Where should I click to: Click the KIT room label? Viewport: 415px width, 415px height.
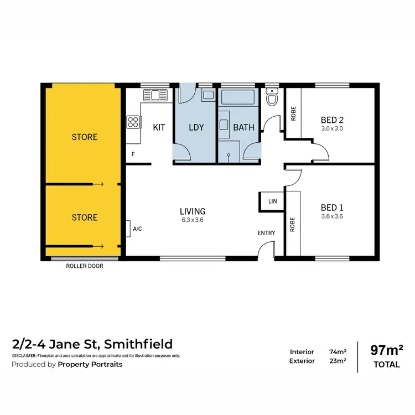click(x=159, y=127)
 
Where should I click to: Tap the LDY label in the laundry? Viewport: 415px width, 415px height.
click(x=196, y=127)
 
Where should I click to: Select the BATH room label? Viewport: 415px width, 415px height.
click(x=243, y=127)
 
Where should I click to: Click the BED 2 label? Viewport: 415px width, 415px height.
click(x=332, y=119)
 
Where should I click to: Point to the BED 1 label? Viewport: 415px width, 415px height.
click(x=332, y=207)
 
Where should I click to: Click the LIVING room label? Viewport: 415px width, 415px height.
click(x=193, y=211)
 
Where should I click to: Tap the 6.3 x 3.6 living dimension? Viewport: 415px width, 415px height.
click(x=193, y=220)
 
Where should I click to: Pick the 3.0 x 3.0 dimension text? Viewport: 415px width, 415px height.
click(x=332, y=128)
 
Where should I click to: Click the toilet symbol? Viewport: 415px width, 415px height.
click(x=272, y=98)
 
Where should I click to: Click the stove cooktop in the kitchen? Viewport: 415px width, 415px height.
click(x=133, y=121)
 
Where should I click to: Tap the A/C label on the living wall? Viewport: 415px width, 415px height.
click(x=137, y=228)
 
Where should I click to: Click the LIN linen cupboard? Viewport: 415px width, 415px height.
click(x=272, y=201)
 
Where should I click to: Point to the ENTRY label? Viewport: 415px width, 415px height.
click(x=266, y=233)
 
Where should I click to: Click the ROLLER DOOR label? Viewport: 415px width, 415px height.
click(x=85, y=266)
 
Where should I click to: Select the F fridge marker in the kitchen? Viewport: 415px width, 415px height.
click(x=133, y=154)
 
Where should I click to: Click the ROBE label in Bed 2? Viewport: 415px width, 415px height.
click(x=293, y=114)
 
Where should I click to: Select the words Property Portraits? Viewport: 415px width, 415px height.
click(x=91, y=364)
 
